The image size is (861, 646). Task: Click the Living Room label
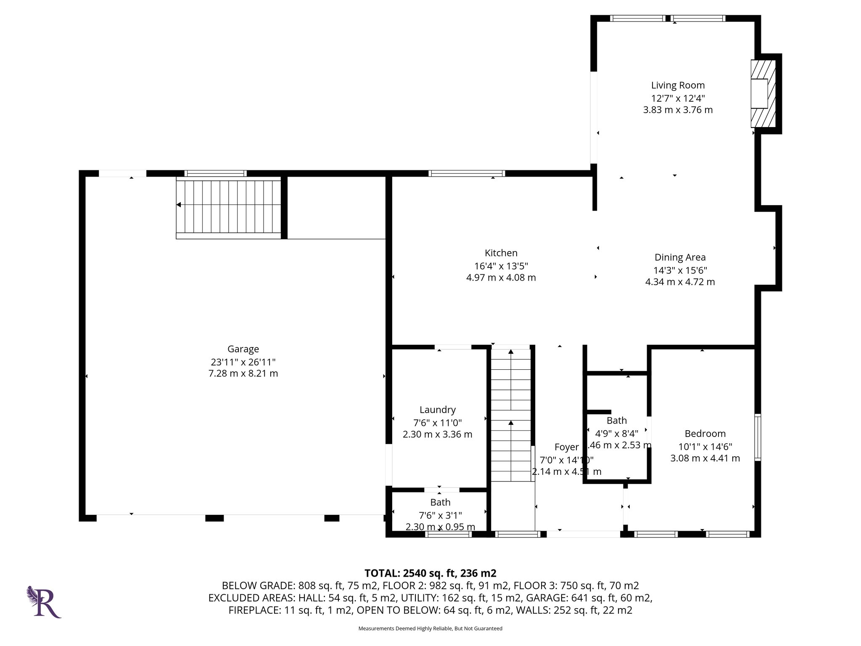[678, 85]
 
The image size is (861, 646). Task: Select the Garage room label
[243, 349]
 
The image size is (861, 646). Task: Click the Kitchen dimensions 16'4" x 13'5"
[501, 266]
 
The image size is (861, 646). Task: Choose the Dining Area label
[680, 257]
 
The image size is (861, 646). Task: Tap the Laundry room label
[437, 410]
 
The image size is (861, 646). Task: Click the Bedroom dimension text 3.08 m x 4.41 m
[705, 458]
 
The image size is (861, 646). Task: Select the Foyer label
[566, 447]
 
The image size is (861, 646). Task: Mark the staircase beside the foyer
[511, 414]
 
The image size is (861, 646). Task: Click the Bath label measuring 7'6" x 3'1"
[440, 502]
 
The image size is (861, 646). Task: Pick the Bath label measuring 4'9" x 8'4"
[616, 421]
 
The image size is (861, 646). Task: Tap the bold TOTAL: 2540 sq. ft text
[430, 573]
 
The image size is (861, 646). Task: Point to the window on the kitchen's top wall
[466, 173]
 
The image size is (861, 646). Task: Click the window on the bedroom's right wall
[757, 437]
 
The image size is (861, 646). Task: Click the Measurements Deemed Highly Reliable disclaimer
[430, 628]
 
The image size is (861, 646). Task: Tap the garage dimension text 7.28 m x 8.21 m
[243, 373]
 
